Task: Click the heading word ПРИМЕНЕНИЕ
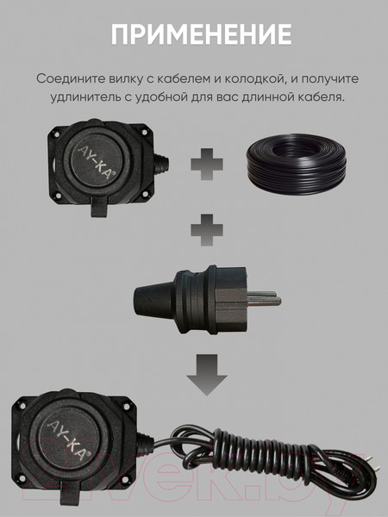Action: pyautogui.click(x=201, y=34)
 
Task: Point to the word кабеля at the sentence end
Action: pyautogui.click(x=322, y=97)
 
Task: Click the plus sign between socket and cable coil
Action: pyautogui.click(x=207, y=165)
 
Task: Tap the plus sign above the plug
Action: pyautogui.click(x=207, y=230)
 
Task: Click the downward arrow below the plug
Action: pyautogui.click(x=207, y=375)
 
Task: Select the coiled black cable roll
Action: pyautogui.click(x=297, y=165)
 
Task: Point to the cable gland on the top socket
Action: pyautogui.click(x=162, y=163)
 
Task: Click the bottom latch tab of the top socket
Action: pyautogui.click(x=98, y=209)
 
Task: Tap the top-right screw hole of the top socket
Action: pyautogui.click(x=144, y=132)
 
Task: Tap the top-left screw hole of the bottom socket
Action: pyautogui.click(x=22, y=405)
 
